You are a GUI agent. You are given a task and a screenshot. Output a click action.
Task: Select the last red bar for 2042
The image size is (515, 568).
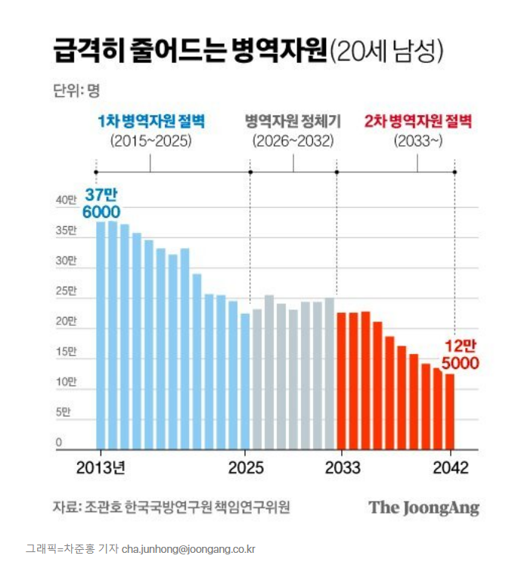click(449, 411)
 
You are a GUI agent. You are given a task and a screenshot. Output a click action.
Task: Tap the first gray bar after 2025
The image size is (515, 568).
click(257, 379)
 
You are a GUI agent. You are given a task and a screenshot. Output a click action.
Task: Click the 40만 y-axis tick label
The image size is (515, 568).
click(67, 200)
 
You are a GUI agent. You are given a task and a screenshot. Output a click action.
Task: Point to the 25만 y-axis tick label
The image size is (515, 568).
click(67, 291)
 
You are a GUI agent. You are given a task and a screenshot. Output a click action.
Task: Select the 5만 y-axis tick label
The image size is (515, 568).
click(67, 413)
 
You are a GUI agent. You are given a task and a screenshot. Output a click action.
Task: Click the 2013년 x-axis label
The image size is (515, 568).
click(101, 467)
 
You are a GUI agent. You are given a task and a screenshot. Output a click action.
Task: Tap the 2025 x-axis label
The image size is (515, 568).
click(245, 467)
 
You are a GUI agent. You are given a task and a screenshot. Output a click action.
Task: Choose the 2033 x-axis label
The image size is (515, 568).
click(343, 467)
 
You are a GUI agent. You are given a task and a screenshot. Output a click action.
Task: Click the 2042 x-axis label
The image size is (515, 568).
click(451, 467)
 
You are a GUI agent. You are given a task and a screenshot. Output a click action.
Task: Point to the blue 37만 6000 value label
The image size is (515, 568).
click(101, 204)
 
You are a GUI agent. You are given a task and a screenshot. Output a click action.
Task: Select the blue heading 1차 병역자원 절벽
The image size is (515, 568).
click(151, 122)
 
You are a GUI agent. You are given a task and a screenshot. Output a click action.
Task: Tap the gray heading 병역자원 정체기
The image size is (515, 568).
click(293, 122)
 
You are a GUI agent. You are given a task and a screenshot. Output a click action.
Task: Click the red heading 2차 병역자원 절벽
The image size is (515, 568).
click(417, 122)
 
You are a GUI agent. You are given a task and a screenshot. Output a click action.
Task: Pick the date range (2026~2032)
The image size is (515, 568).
click(293, 141)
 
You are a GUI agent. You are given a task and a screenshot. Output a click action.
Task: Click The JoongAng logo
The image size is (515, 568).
click(424, 507)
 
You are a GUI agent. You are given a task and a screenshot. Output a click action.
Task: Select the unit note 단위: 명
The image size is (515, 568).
click(76, 90)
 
